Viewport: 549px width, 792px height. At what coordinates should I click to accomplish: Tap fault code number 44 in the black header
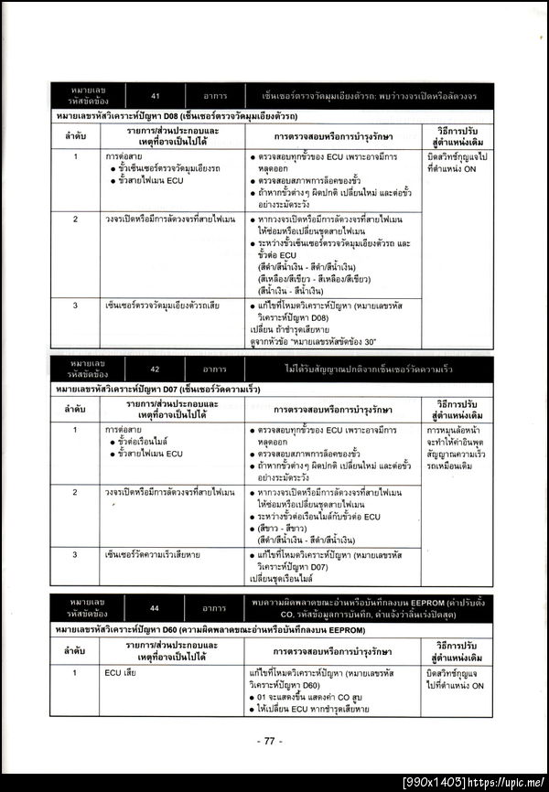[156, 606]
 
